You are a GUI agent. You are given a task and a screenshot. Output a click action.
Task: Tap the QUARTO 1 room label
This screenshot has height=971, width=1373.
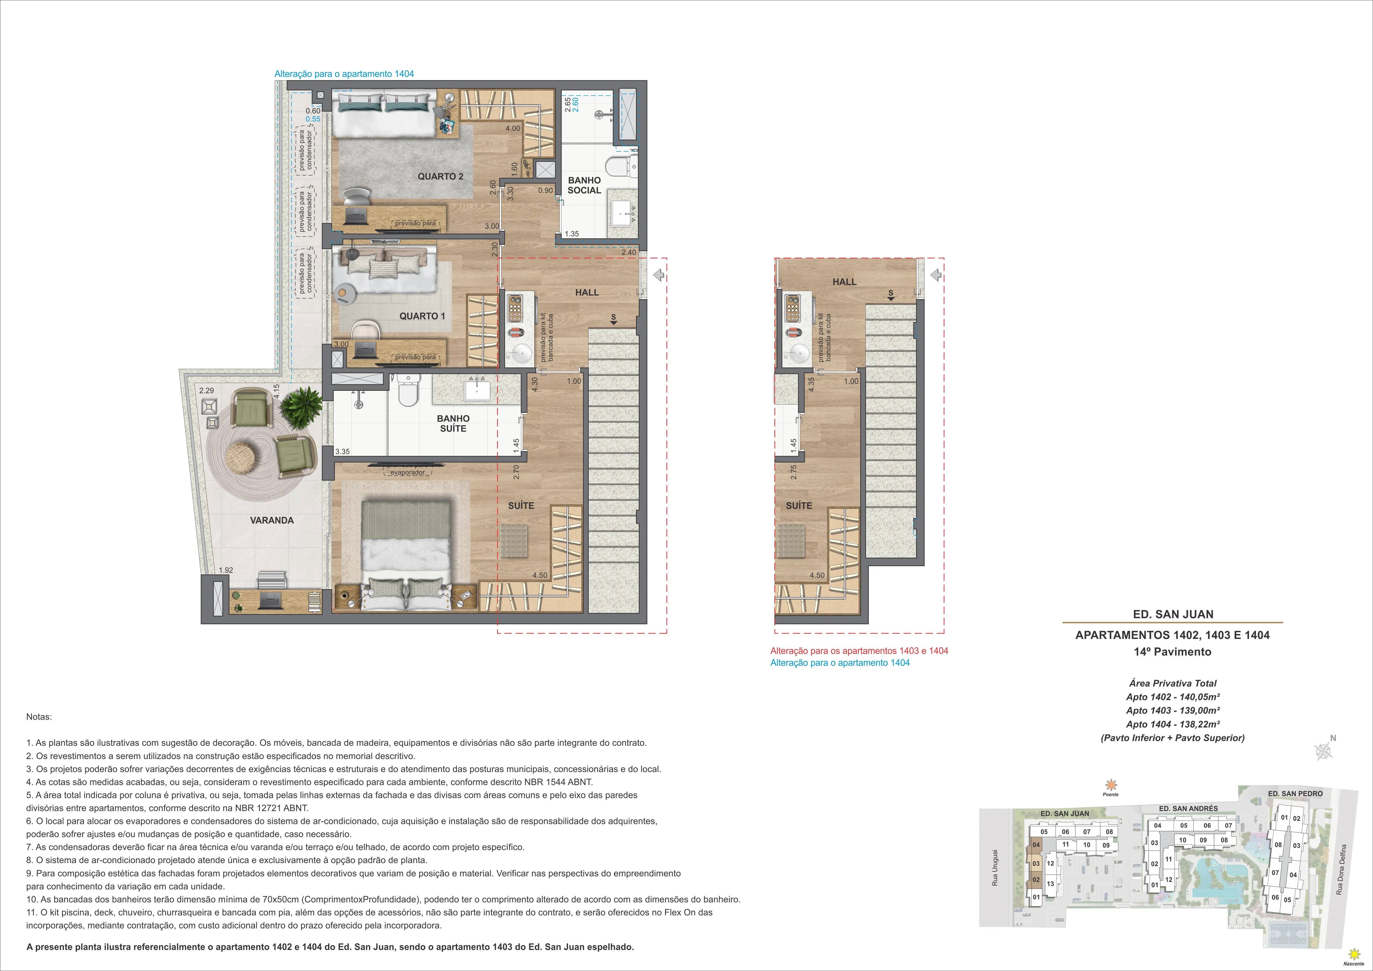(x=422, y=316)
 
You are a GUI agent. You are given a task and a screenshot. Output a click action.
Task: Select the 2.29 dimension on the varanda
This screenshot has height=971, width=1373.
(x=206, y=390)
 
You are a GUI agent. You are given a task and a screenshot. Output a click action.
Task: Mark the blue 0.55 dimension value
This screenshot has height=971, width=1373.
(x=313, y=119)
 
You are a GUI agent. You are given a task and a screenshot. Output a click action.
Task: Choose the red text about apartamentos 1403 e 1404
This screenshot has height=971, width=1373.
(x=859, y=651)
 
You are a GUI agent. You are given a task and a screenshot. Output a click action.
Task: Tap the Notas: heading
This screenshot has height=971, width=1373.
(x=39, y=716)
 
